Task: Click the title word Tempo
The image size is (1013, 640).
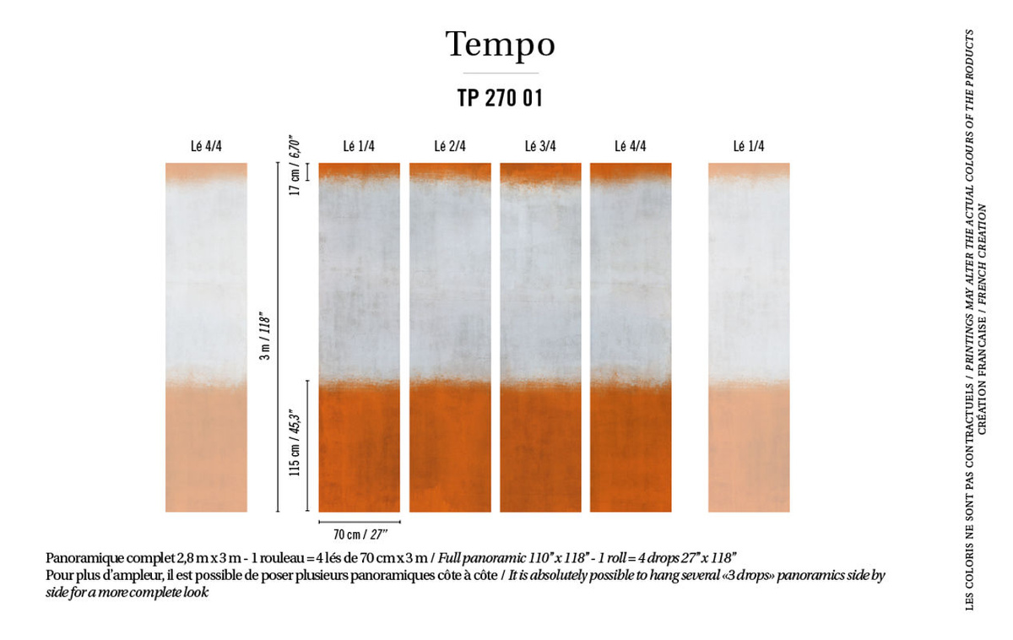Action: (x=500, y=46)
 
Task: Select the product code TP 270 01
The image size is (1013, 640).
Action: (x=500, y=98)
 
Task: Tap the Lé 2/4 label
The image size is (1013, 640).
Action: (x=450, y=146)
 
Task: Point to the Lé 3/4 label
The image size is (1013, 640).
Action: (x=540, y=146)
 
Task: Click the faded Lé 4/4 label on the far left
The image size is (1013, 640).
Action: (x=206, y=146)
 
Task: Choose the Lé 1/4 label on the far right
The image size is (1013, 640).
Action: (x=749, y=146)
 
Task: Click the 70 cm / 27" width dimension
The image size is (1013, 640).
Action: (x=360, y=534)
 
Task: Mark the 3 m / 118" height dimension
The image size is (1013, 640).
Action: (x=265, y=335)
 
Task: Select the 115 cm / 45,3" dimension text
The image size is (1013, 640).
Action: (x=295, y=442)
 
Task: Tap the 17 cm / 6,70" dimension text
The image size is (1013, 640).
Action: (x=295, y=165)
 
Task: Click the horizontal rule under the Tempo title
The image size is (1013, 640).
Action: (x=501, y=73)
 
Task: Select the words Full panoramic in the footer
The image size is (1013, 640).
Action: (x=482, y=558)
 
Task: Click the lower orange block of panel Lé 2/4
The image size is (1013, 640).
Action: (x=450, y=447)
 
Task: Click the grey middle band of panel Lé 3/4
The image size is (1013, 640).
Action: (x=540, y=280)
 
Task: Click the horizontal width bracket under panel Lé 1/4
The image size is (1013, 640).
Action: (x=360, y=522)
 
